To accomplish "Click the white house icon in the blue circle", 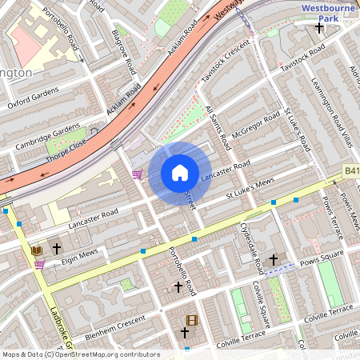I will [x=180, y=172].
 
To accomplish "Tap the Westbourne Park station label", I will [x=328, y=11].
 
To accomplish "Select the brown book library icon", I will [x=37, y=250].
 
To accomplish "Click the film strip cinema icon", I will [x=191, y=320].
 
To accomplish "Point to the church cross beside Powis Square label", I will [x=274, y=259].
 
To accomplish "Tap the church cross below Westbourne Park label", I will [x=320, y=28].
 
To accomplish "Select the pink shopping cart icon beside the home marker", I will [x=138, y=174].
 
